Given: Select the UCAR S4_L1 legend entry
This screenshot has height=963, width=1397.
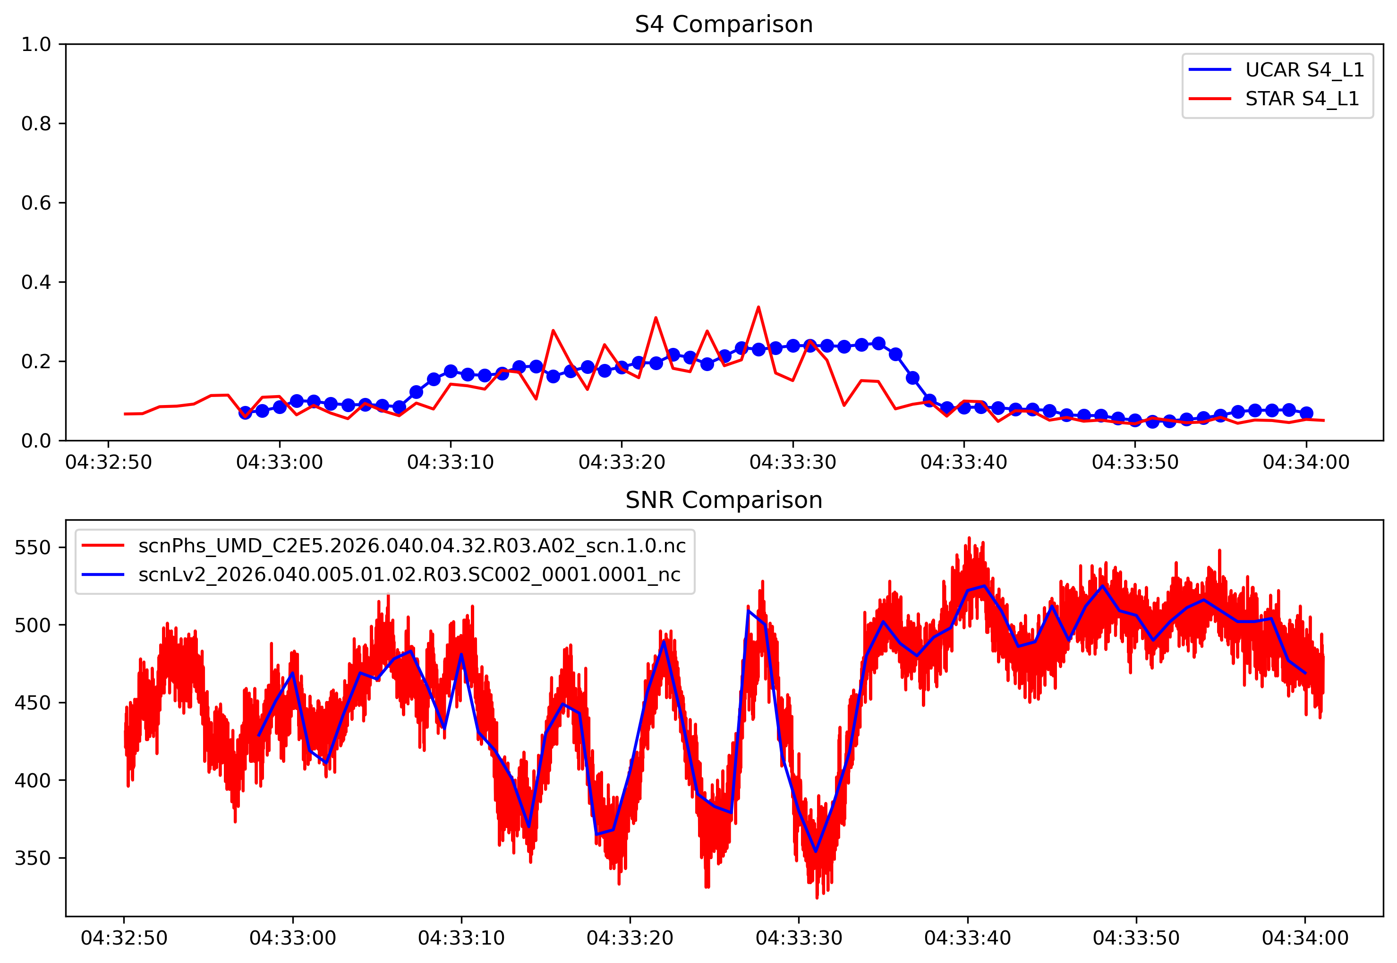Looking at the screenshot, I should pyautogui.click(x=1304, y=70).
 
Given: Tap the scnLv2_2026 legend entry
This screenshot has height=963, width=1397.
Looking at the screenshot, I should pyautogui.click(x=409, y=574).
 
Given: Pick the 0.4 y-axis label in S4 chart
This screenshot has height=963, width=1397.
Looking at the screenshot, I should pyautogui.click(x=36, y=282).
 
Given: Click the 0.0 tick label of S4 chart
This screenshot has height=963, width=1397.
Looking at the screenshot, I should pyautogui.click(x=36, y=441).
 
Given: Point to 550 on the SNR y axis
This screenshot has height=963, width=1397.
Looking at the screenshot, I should pyautogui.click(x=33, y=548).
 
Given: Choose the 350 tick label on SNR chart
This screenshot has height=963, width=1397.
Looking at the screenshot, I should pyautogui.click(x=33, y=858).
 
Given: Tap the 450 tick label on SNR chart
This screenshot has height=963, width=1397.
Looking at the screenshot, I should pyautogui.click(x=33, y=703).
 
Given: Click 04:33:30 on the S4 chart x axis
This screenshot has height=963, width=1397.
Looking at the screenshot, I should pyautogui.click(x=792, y=463).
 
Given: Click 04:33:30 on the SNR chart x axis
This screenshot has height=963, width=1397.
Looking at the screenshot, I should pyautogui.click(x=799, y=938).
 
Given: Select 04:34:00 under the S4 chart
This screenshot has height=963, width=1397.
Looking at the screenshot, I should pyautogui.click(x=1306, y=463).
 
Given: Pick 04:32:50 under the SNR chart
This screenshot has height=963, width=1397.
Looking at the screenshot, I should pyautogui.click(x=124, y=938).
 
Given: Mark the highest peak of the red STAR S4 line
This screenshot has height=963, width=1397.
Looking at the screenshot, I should pyautogui.click(x=758, y=307).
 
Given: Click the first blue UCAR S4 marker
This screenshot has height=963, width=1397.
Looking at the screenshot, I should pyautogui.click(x=245, y=413).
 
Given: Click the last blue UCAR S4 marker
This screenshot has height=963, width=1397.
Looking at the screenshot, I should pyautogui.click(x=1306, y=413).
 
